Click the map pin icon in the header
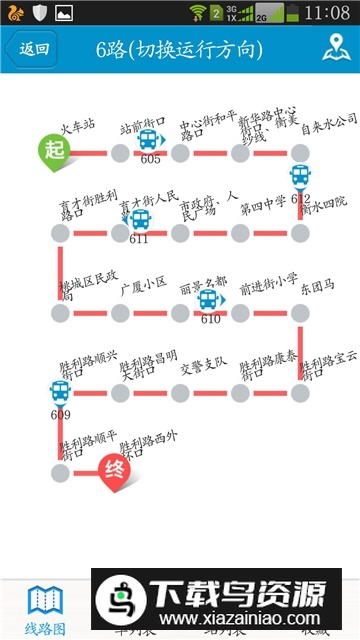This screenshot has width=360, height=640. (335, 48)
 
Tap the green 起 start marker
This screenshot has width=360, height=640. (55, 150)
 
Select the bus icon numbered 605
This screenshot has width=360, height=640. (151, 140)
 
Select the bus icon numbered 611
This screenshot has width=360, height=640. (139, 219)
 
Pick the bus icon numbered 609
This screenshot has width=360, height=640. (60, 393)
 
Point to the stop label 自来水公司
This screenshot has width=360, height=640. (328, 120)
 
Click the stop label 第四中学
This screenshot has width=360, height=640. (262, 208)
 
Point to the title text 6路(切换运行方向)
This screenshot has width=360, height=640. (180, 49)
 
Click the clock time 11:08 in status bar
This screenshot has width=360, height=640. (328, 13)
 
